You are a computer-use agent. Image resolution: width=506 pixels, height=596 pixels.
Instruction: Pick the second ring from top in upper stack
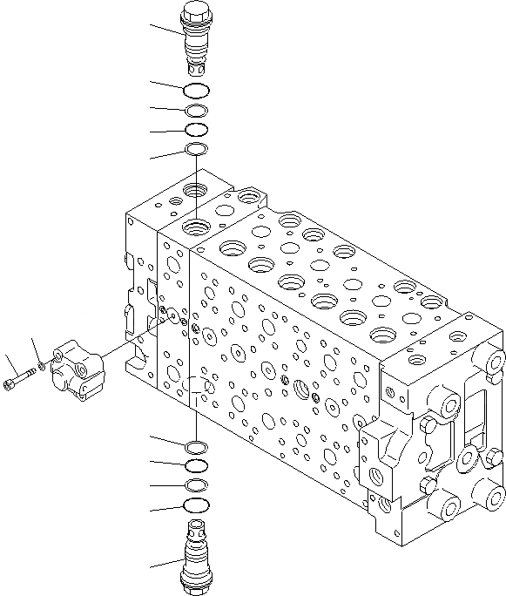196,111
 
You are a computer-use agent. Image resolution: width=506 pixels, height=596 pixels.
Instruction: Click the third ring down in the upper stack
196,130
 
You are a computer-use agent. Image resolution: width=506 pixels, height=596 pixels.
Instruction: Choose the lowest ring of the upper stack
196,151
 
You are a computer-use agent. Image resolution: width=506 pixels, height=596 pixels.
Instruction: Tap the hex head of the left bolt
11,383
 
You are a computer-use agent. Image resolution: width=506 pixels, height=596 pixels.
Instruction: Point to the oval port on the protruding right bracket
378,476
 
